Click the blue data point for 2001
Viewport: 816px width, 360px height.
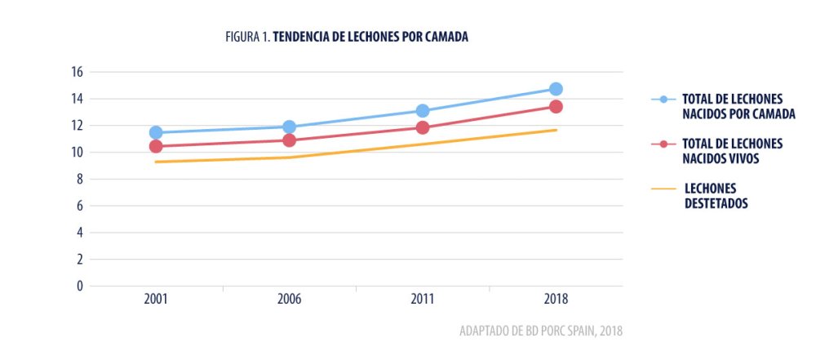click(156, 132)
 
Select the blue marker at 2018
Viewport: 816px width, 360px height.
click(556, 89)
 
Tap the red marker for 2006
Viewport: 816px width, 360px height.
click(289, 140)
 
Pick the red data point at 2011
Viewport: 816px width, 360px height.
click(423, 127)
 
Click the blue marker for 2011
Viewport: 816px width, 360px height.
click(423, 111)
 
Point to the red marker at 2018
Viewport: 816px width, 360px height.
click(556, 107)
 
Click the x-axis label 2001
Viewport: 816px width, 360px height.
click(156, 300)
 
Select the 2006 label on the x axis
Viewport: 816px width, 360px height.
click(289, 300)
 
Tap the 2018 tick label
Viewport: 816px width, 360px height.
click(556, 300)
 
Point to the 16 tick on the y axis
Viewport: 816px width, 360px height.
click(78, 72)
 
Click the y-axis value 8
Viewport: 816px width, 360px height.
click(80, 179)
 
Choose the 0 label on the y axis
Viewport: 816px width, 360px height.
click(80, 286)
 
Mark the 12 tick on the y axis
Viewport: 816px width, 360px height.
click(78, 126)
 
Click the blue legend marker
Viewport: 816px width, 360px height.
click(663, 100)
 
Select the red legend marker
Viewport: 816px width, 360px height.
click(663, 144)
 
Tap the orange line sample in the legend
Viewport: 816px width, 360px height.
click(663, 189)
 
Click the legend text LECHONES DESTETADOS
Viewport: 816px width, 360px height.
click(716, 197)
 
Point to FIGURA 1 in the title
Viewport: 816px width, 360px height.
click(247, 38)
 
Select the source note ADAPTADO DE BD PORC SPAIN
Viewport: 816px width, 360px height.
click(522, 331)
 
